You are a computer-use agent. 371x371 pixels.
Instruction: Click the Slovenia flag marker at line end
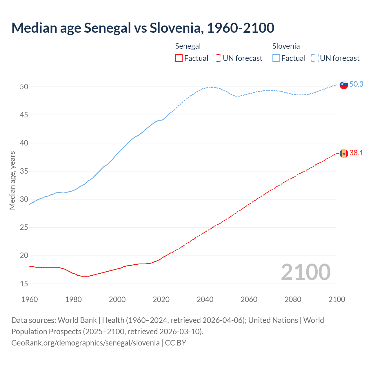(344, 85)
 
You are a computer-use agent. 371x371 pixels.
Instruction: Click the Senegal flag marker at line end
(344, 153)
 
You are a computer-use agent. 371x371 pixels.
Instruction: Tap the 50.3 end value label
(356, 84)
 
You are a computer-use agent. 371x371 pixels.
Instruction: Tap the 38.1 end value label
(356, 153)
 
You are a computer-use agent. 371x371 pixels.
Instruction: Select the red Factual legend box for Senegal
(179, 58)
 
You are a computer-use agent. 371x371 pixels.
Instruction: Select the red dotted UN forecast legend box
(217, 58)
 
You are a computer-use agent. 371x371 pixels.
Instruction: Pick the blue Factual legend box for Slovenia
(276, 58)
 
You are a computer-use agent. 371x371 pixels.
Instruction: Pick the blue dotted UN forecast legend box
(314, 58)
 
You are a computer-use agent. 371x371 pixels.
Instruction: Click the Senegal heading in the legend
(188, 46)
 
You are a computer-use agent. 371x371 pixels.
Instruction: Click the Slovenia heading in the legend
(286, 46)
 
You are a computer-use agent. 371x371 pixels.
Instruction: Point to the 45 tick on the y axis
(24, 115)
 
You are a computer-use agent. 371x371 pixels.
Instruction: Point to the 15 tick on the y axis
(24, 284)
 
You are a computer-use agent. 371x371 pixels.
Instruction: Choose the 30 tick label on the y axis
(24, 199)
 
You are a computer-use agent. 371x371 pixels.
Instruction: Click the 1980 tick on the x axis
(73, 299)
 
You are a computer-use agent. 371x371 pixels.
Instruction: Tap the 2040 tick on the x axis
(205, 299)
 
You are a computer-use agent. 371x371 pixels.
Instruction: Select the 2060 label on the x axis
(249, 299)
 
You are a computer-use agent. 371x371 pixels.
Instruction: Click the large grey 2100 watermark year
(305, 272)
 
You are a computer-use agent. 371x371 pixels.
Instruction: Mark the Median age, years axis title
(12, 180)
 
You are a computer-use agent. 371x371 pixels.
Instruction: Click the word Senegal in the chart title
(108, 28)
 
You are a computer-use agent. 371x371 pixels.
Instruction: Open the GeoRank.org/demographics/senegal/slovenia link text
(86, 343)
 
